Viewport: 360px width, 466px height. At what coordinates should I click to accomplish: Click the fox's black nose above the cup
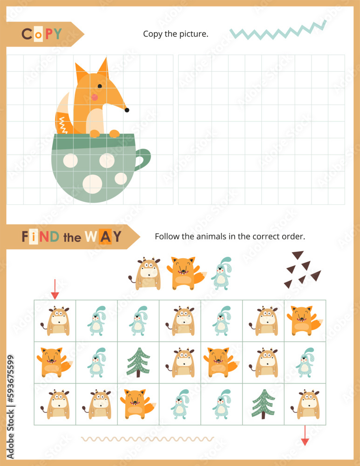pyautogui.click(x=126, y=110)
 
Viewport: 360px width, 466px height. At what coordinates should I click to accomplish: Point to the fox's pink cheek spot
pyautogui.click(x=95, y=97)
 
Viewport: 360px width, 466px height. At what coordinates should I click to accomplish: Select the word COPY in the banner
pyautogui.click(x=41, y=34)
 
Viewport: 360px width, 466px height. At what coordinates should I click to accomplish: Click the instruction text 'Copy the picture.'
pyautogui.click(x=176, y=34)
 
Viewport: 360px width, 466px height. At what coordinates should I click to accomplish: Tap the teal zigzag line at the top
pyautogui.click(x=278, y=31)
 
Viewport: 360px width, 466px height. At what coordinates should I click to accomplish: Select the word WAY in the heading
pyautogui.click(x=103, y=237)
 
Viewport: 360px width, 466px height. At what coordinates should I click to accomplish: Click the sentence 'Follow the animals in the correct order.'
pyautogui.click(x=230, y=236)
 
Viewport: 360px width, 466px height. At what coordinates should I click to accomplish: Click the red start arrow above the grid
pyautogui.click(x=55, y=289)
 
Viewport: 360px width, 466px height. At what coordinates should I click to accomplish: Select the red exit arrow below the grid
pyautogui.click(x=305, y=435)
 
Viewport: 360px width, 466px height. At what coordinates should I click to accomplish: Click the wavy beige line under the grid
pyautogui.click(x=147, y=439)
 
